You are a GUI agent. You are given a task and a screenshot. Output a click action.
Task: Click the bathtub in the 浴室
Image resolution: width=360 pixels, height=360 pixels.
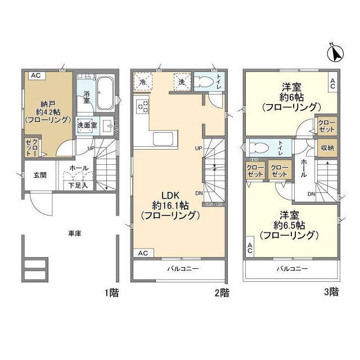pyautogui.click(x=105, y=93)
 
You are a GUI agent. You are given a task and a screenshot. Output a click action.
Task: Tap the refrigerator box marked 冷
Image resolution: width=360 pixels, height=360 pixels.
pyautogui.click(x=143, y=82)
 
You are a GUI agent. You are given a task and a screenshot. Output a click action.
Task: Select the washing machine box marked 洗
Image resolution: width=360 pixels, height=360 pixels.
pyautogui.click(x=182, y=82)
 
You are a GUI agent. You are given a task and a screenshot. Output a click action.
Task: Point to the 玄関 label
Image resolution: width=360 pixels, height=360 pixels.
pyautogui.click(x=32, y=174)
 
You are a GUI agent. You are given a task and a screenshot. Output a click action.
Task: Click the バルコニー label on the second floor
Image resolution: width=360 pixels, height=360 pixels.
pyautogui.click(x=181, y=269)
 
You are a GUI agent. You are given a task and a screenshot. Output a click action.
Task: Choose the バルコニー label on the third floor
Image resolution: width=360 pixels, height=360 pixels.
pyautogui.click(x=292, y=269)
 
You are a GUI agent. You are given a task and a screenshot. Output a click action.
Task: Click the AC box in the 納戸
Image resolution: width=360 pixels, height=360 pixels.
pyautogui.click(x=35, y=75)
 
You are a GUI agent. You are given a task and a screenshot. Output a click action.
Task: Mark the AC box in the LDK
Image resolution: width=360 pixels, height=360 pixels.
pyautogui.click(x=143, y=254)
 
